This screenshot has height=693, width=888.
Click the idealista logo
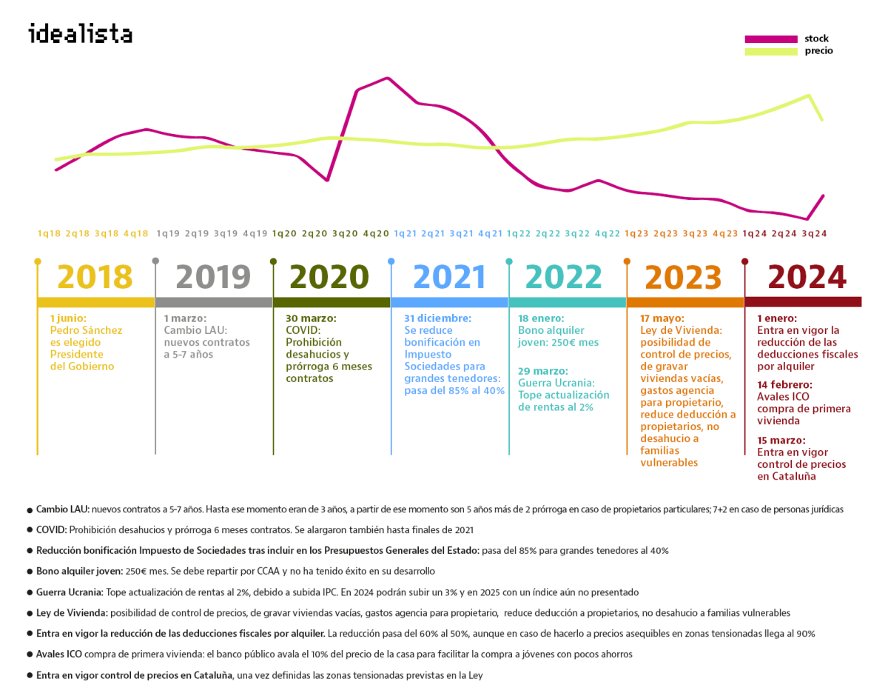(x=80, y=34)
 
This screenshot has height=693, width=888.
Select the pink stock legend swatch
(x=770, y=38)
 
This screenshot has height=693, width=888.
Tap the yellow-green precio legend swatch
(x=770, y=51)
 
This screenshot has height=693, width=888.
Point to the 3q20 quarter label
(x=346, y=233)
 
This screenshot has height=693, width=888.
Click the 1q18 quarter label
(x=49, y=233)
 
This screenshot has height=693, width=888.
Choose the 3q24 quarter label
(x=814, y=233)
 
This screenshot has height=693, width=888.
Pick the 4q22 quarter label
(x=608, y=233)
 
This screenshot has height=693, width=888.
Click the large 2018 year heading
(x=95, y=278)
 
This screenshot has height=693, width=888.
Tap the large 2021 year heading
(x=449, y=278)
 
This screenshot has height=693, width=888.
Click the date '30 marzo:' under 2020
(x=311, y=318)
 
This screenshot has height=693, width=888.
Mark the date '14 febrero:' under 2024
(x=784, y=385)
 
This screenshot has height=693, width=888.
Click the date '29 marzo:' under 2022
(x=543, y=371)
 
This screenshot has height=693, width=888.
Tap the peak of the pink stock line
(x=387, y=78)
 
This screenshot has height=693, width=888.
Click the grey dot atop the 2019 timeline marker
(x=155, y=261)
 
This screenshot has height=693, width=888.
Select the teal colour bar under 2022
(x=567, y=302)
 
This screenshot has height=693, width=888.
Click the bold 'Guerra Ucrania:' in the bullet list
(x=70, y=592)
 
